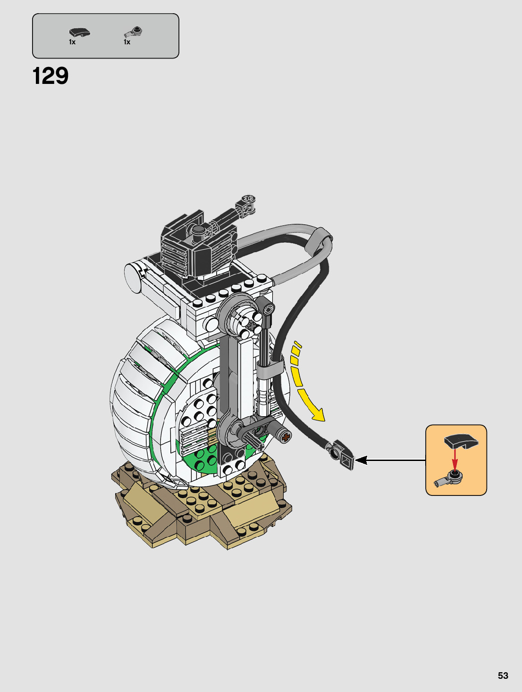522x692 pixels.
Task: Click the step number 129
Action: [51, 76]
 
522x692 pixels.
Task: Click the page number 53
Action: [503, 676]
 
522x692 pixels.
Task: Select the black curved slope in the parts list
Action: [80, 33]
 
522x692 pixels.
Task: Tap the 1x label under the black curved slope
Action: [72, 42]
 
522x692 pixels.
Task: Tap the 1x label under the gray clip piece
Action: [127, 42]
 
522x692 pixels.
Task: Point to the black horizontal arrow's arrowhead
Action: [361, 460]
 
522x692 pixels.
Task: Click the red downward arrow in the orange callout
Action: [455, 459]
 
